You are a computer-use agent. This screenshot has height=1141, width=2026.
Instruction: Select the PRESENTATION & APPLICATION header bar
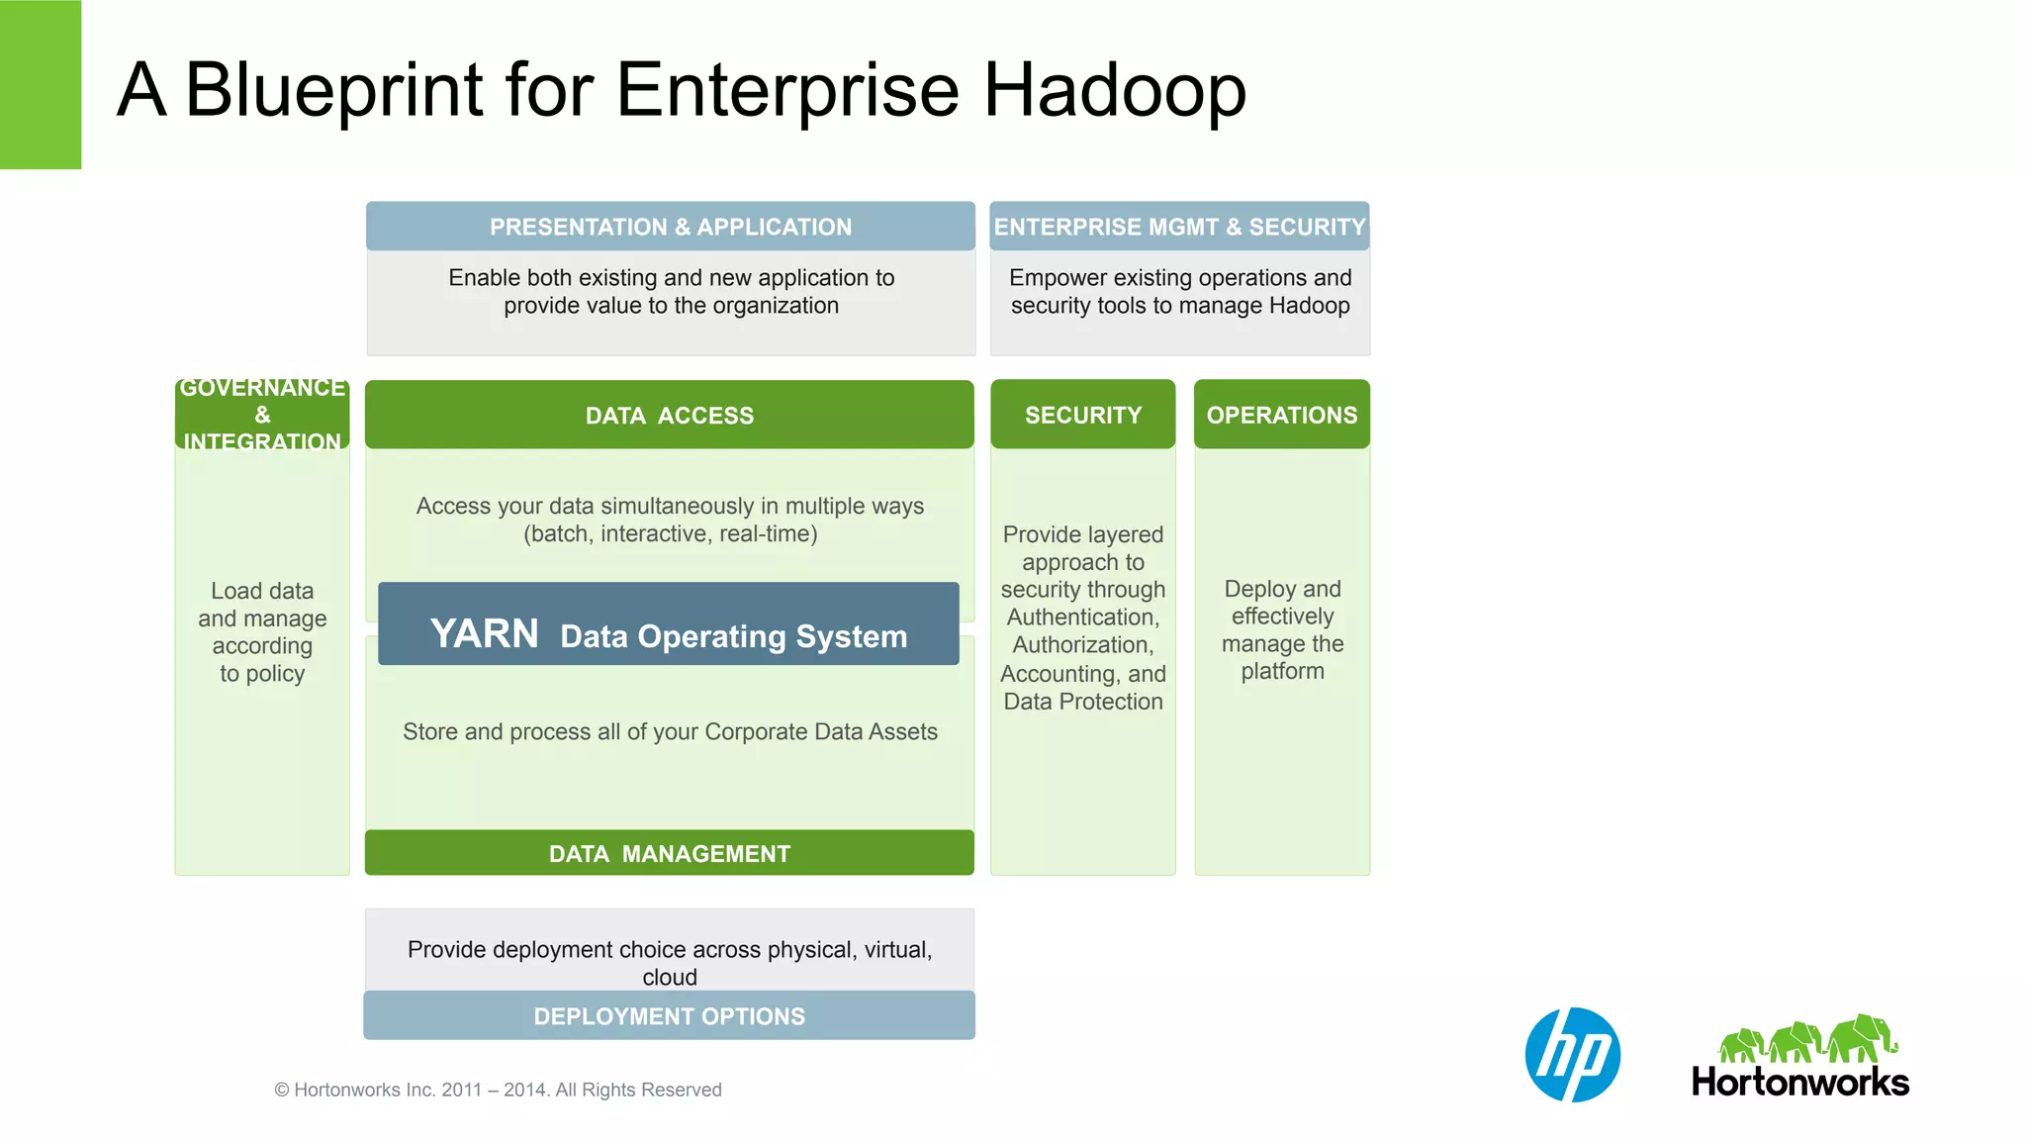670,227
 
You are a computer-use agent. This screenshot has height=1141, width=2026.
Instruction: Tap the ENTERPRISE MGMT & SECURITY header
1179,227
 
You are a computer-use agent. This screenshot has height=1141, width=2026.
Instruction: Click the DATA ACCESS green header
669,415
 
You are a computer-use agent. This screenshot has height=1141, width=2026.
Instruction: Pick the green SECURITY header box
1082,415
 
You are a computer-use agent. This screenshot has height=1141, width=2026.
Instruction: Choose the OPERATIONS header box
1281,415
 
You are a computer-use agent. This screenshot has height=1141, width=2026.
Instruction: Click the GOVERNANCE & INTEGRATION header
262,415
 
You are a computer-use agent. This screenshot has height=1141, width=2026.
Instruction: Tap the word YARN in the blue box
484,633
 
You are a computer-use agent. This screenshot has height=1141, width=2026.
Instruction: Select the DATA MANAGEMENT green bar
669,853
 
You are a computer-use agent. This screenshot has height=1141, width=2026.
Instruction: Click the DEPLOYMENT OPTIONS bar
669,1016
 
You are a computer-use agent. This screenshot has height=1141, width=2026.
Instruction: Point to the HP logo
1572,1055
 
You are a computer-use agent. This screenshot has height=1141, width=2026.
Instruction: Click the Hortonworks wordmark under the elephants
1799,1082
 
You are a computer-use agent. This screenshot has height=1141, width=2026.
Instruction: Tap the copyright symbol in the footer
282,1091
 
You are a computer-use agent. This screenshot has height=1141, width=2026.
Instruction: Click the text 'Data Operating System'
733,636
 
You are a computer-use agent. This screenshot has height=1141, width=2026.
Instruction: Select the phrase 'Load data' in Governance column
262,591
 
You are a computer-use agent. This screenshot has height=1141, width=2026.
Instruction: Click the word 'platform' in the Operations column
1282,671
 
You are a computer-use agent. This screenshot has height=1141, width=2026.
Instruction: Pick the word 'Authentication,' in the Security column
1082,618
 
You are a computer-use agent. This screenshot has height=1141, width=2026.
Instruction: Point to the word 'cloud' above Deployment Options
669,977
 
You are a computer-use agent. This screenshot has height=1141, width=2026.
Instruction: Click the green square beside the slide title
41,84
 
